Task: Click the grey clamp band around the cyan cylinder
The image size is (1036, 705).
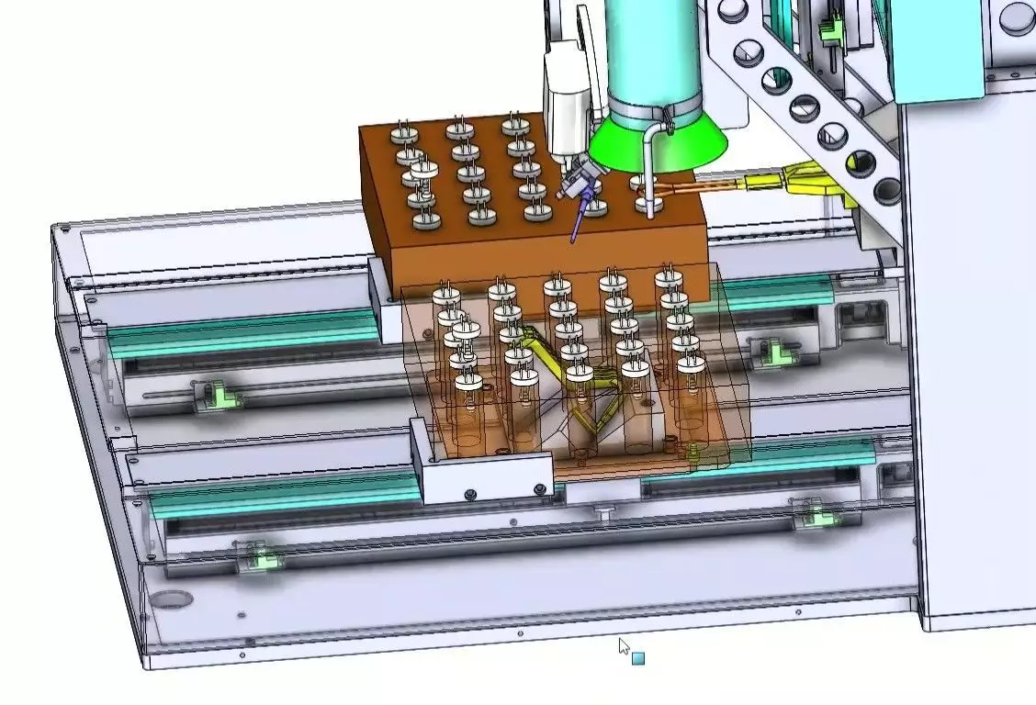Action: click(654, 113)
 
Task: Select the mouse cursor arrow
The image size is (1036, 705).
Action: click(624, 646)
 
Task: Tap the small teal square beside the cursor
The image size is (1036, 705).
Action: click(638, 658)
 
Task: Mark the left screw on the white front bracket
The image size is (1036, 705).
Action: click(470, 495)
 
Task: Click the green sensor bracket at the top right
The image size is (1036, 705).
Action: click(832, 28)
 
